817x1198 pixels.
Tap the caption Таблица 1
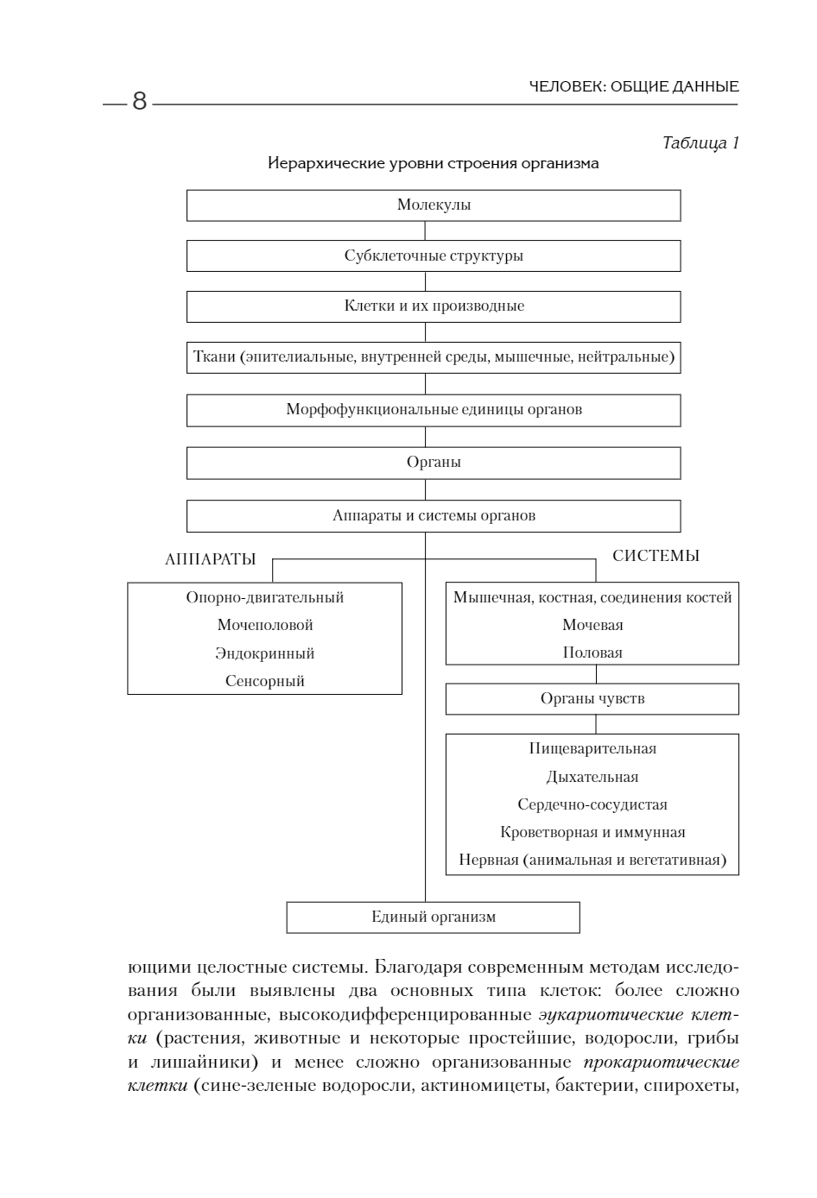tap(700, 143)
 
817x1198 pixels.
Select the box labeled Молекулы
tap(434, 205)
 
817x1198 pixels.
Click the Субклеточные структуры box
tap(434, 256)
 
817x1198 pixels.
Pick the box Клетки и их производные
tap(434, 306)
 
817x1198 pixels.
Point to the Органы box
tap(434, 463)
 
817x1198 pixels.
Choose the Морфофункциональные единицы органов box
tap(434, 410)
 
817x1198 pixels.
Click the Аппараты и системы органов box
tap(434, 516)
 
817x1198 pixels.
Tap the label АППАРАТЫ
tap(210, 559)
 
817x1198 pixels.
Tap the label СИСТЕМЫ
tap(655, 556)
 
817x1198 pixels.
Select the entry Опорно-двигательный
tap(264, 597)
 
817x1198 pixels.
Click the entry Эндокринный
tap(264, 653)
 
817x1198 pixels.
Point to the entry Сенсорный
tap(264, 681)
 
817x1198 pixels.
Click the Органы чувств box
tap(592, 699)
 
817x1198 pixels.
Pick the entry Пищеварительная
tap(592, 749)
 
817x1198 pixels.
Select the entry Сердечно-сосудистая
tap(592, 804)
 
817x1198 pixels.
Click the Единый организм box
tap(434, 917)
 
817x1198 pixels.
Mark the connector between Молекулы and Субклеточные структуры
tap(425, 230)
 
